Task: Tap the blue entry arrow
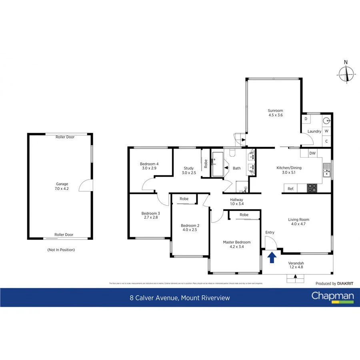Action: pos(272,257)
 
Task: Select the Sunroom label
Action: pos(276,110)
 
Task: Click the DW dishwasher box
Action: pos(313,153)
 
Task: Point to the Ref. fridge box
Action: pos(291,188)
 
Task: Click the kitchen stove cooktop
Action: pos(312,188)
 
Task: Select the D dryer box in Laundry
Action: pos(306,119)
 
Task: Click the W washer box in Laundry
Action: pos(326,131)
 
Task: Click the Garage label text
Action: pos(62,184)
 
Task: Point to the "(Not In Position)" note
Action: pos(61,250)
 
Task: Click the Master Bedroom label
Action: pos(237,242)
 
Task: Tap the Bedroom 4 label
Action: pos(149,164)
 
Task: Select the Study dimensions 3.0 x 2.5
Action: pos(189,173)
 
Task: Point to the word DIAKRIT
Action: pos(345,284)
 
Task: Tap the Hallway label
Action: pos(237,200)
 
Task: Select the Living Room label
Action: pos(299,219)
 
